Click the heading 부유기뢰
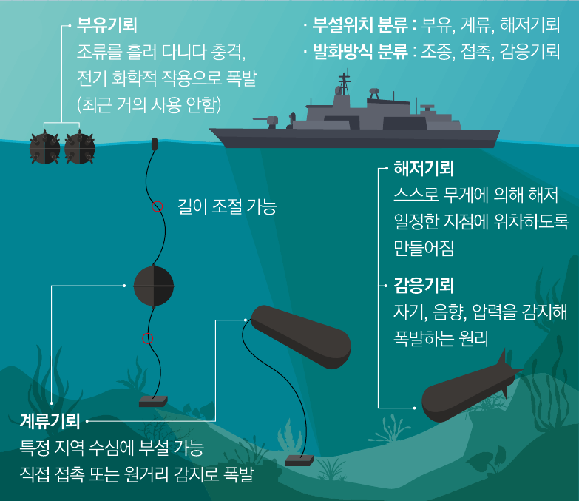[x=106, y=25]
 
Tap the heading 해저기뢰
[x=424, y=168]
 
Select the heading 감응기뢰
[x=424, y=285]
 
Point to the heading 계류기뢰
[x=50, y=420]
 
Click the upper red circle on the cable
[x=157, y=206]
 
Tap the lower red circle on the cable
[x=148, y=338]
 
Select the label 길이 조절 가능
[x=227, y=206]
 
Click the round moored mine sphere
[x=153, y=286]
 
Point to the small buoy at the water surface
[x=155, y=144]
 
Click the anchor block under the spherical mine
[x=153, y=402]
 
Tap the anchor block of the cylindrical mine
[x=299, y=461]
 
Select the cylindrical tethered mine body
[x=301, y=337]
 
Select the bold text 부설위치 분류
[x=360, y=25]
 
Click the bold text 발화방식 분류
[x=360, y=51]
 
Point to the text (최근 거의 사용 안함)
[x=149, y=105]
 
